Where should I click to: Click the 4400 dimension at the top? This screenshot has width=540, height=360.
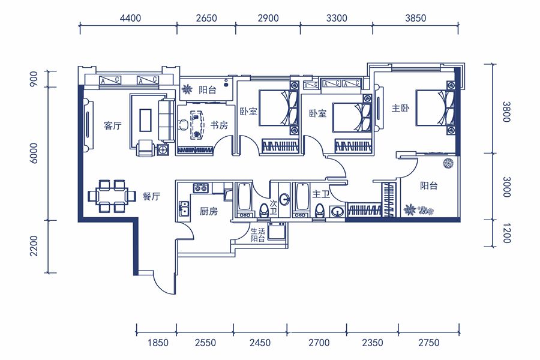click(130, 18)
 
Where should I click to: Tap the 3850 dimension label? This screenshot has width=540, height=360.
click(415, 18)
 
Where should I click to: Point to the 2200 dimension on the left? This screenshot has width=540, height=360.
click(34, 245)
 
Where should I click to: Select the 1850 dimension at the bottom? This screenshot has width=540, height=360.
click(158, 343)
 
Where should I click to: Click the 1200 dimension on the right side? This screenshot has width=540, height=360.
click(506, 233)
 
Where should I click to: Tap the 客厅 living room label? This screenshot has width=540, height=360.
click(113, 125)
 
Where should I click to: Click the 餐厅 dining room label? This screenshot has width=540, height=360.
click(151, 196)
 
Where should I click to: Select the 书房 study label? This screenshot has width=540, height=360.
click(219, 125)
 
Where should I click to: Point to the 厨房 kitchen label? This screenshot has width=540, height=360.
click(209, 211)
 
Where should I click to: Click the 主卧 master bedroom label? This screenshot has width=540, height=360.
click(400, 108)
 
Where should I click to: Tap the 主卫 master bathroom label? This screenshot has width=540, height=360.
click(321, 194)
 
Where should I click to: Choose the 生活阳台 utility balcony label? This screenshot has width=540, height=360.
click(257, 235)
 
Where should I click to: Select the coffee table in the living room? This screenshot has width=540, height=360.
click(145, 120)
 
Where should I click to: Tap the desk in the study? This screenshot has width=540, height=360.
click(197, 124)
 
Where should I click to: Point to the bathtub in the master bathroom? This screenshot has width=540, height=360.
click(302, 197)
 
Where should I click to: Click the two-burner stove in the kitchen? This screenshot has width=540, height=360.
click(201, 188)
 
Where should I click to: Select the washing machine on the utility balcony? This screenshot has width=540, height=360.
click(277, 231)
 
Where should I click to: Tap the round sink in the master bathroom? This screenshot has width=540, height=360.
click(337, 211)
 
